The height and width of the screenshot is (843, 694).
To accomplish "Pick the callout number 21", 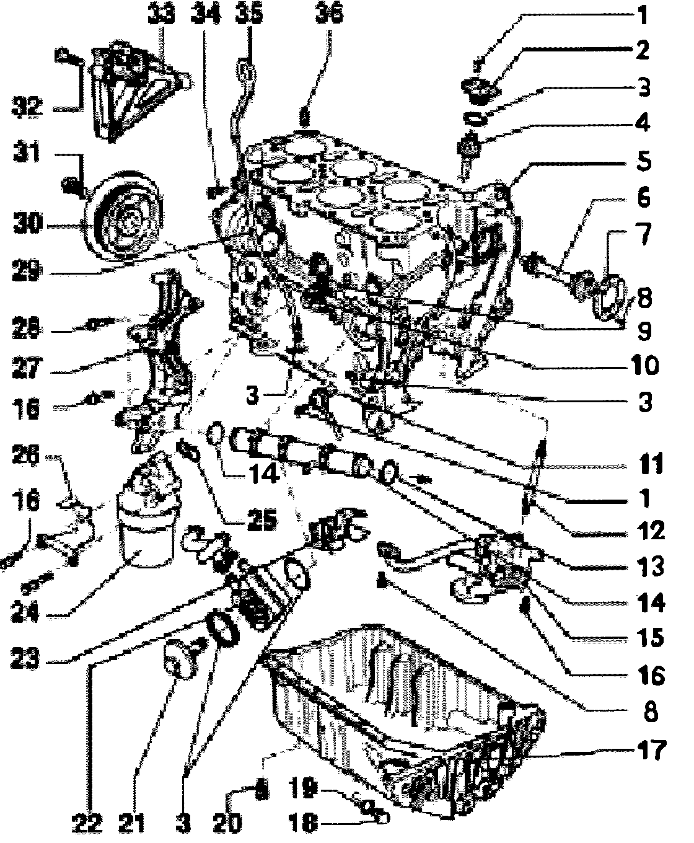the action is (x=135, y=823).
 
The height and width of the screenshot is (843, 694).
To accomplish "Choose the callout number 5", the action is (x=644, y=162).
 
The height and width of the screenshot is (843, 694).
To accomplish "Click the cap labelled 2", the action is (x=478, y=92).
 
